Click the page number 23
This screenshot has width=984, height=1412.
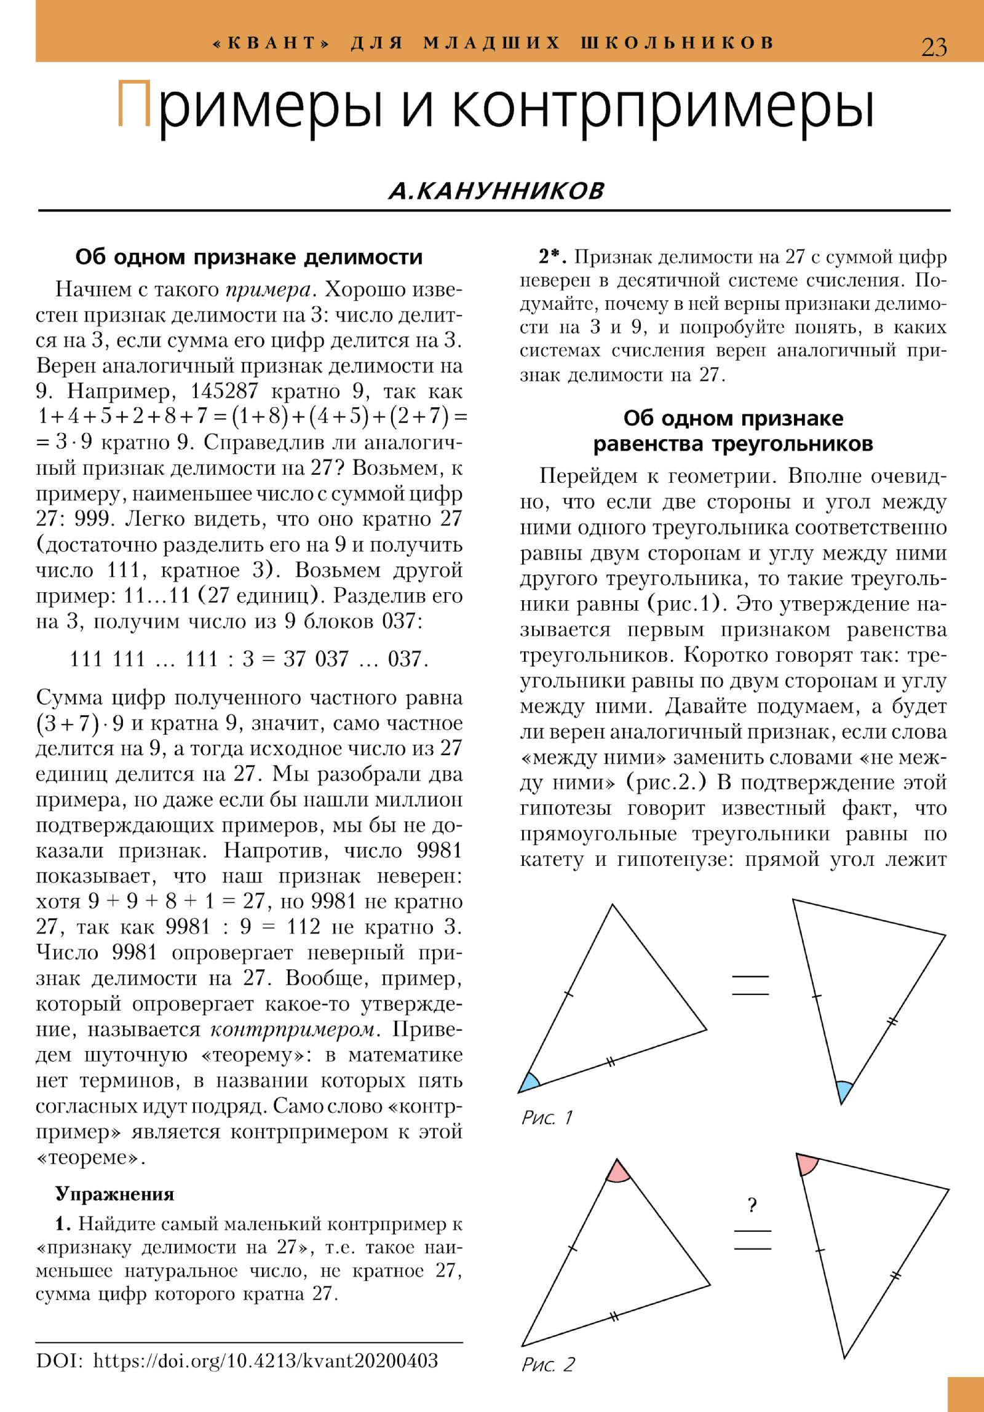coord(934,47)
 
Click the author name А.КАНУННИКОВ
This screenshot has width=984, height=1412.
coord(496,191)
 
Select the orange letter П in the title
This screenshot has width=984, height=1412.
coord(134,105)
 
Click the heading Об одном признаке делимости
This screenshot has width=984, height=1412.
coord(248,257)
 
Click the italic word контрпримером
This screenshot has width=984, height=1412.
coord(292,1029)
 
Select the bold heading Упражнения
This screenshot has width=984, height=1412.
coord(115,1194)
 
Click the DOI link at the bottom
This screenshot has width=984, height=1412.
coord(265,1360)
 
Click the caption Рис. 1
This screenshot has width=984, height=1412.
coord(547,1117)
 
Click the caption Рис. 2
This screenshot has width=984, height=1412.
coord(547,1364)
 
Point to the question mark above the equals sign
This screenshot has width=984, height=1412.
coord(752,1205)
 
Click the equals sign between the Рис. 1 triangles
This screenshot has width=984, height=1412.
coord(750,985)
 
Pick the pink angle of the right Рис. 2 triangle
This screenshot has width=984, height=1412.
coord(806,1164)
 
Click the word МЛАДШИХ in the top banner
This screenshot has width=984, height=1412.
coord(491,43)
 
